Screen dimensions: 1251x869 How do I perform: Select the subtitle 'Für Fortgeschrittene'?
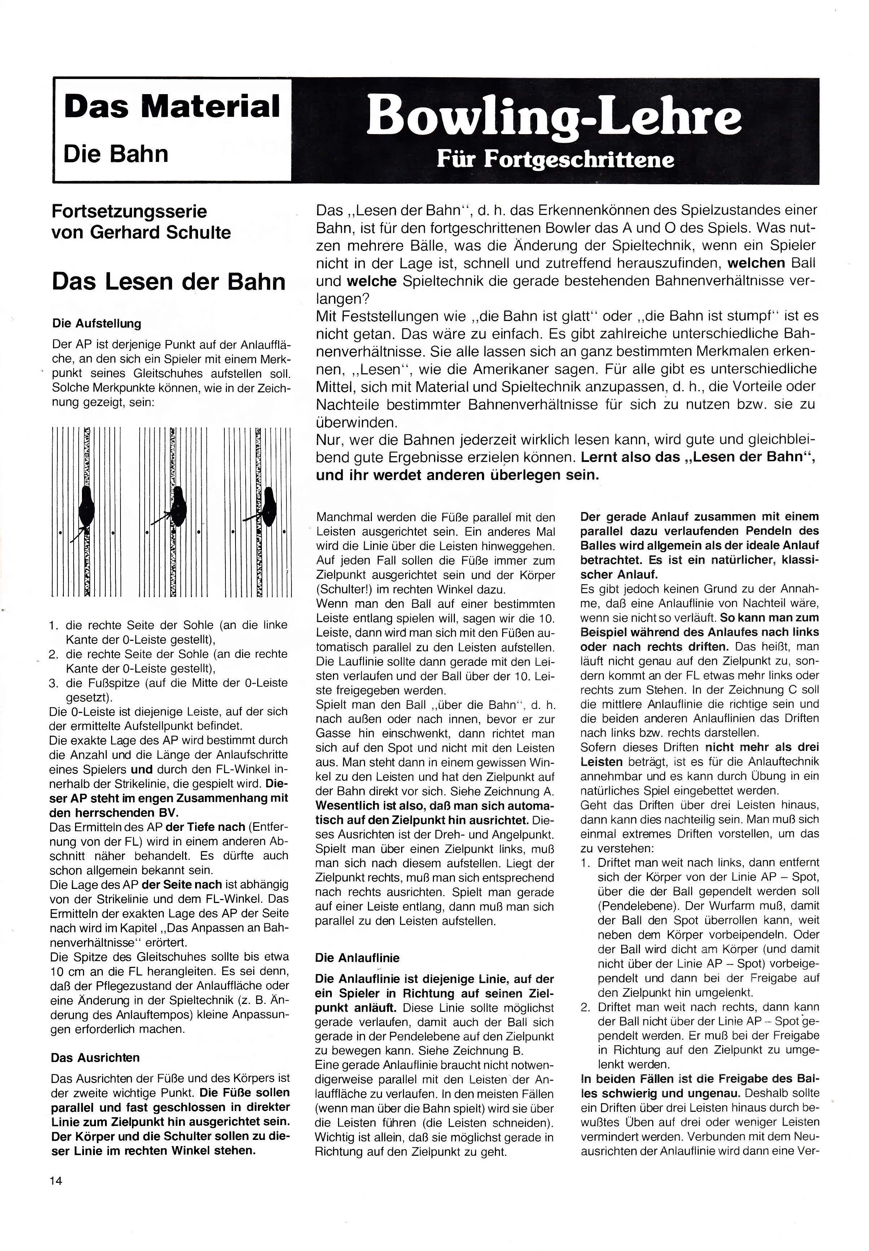point(555,159)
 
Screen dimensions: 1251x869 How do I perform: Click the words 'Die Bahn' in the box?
point(115,154)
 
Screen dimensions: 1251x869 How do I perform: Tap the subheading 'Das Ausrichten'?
point(95,1057)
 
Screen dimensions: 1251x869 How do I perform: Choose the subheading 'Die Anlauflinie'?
point(357,957)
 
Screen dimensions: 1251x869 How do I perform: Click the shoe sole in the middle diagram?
point(178,507)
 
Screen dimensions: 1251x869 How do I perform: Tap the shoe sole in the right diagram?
point(268,507)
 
